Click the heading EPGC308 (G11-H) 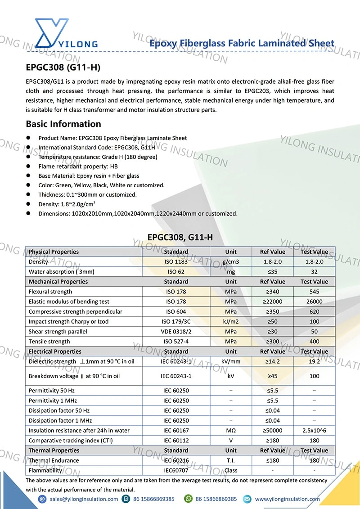coord(63,68)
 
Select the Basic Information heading coord(63,124)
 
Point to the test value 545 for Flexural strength coord(314,292)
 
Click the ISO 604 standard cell coord(176,311)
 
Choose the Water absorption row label coord(61,272)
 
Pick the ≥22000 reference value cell coord(273,302)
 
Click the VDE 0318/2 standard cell coord(176,332)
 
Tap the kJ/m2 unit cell coord(231,321)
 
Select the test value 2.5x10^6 coord(314,431)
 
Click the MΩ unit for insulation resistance coord(231,431)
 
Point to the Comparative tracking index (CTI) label coord(70,441)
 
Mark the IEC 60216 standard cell coord(176,460)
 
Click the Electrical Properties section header coord(55,351)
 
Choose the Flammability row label coord(45,470)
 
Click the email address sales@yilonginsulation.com coord(84,499)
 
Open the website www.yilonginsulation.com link coord(287,499)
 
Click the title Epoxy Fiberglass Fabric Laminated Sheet coord(242,44)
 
